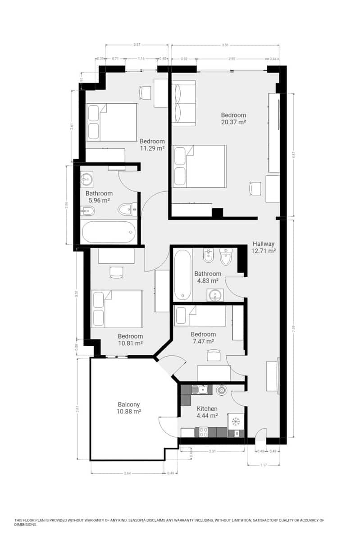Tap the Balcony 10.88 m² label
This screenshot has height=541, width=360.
tap(129, 408)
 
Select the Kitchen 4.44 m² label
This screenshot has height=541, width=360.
tap(207, 412)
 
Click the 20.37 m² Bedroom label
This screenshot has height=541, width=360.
tap(233, 118)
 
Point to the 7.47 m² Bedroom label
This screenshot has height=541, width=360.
tap(203, 338)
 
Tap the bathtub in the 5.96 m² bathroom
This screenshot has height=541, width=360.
tap(109, 232)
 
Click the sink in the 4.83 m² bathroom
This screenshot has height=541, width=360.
tap(216, 295)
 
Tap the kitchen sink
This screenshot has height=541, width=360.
tap(199, 389)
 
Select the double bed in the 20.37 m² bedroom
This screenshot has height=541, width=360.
tap(200, 166)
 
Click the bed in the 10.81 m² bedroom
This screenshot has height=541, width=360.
tap(117, 309)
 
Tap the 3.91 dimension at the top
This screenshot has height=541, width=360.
tap(225, 45)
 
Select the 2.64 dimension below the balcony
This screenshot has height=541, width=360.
tap(127, 473)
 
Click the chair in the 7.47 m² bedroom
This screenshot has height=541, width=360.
tap(212, 356)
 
